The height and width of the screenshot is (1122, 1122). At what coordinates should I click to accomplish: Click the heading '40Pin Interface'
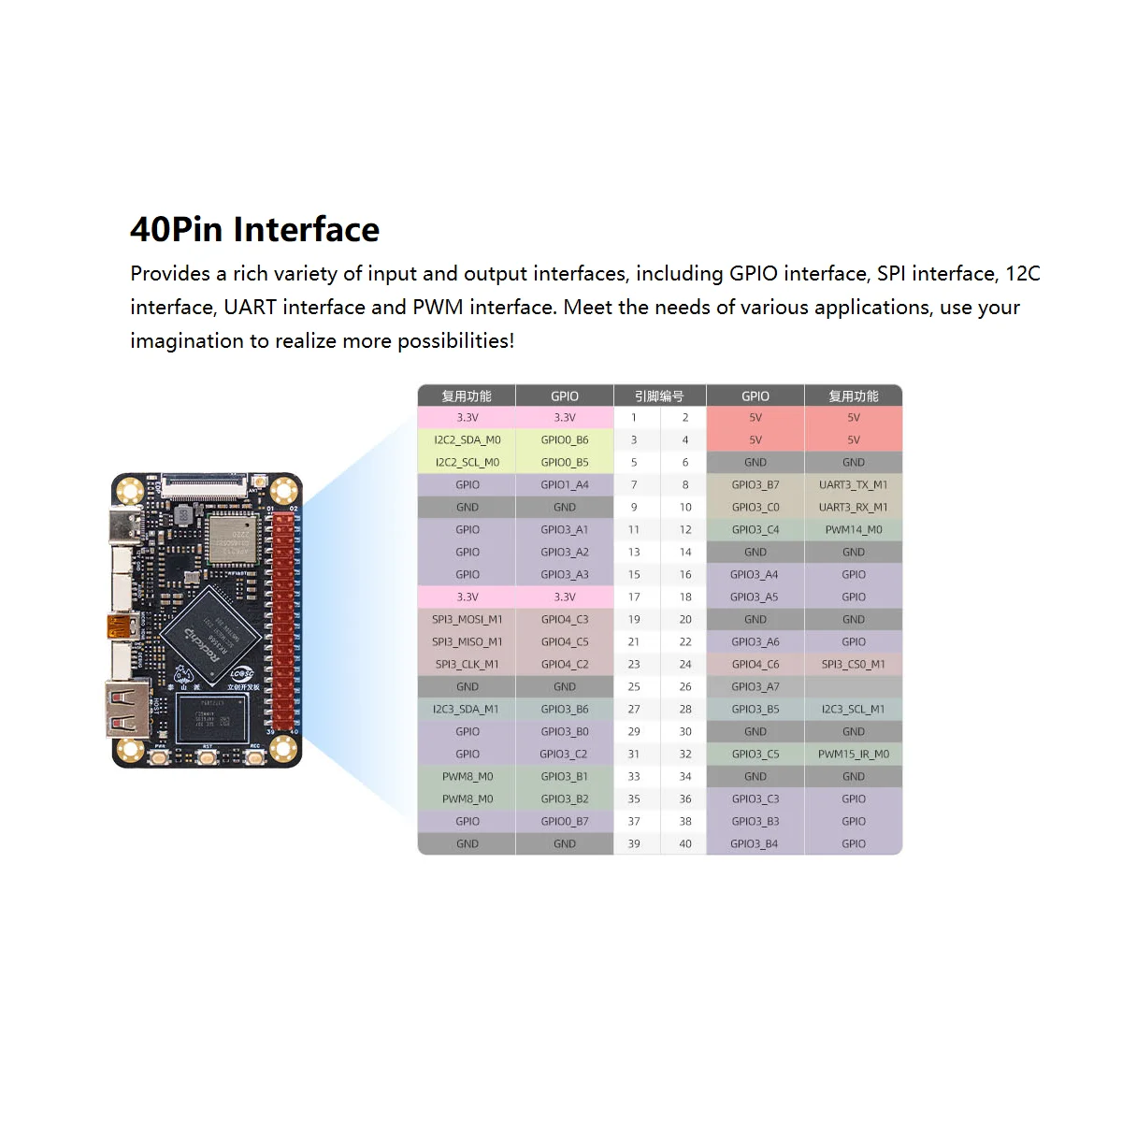tap(254, 230)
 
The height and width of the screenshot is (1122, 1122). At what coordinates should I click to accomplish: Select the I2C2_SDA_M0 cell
tap(467, 439)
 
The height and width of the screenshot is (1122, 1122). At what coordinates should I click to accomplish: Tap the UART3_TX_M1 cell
tap(853, 484)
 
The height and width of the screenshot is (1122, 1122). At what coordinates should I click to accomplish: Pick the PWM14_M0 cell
tap(853, 529)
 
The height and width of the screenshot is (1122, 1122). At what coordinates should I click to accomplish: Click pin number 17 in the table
tap(634, 597)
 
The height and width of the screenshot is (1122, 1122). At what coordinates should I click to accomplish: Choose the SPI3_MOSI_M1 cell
tap(467, 619)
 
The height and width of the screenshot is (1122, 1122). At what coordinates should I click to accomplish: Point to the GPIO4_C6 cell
tap(755, 664)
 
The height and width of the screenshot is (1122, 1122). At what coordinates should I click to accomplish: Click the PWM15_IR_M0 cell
tap(853, 754)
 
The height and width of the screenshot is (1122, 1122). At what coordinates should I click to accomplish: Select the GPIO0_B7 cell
tap(564, 821)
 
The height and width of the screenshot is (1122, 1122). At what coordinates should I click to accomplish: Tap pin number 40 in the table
tap(685, 843)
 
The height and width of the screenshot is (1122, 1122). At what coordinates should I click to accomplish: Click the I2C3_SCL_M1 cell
tap(853, 709)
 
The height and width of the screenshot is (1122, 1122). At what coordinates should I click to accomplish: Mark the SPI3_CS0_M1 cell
tap(853, 664)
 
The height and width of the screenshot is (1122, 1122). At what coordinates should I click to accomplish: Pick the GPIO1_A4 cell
tap(564, 484)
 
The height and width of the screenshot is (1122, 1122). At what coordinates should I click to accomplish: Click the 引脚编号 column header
tap(659, 396)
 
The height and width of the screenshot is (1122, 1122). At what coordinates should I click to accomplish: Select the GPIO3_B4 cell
tap(755, 843)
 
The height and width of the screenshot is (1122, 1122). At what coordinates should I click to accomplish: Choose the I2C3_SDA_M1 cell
tap(467, 709)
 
